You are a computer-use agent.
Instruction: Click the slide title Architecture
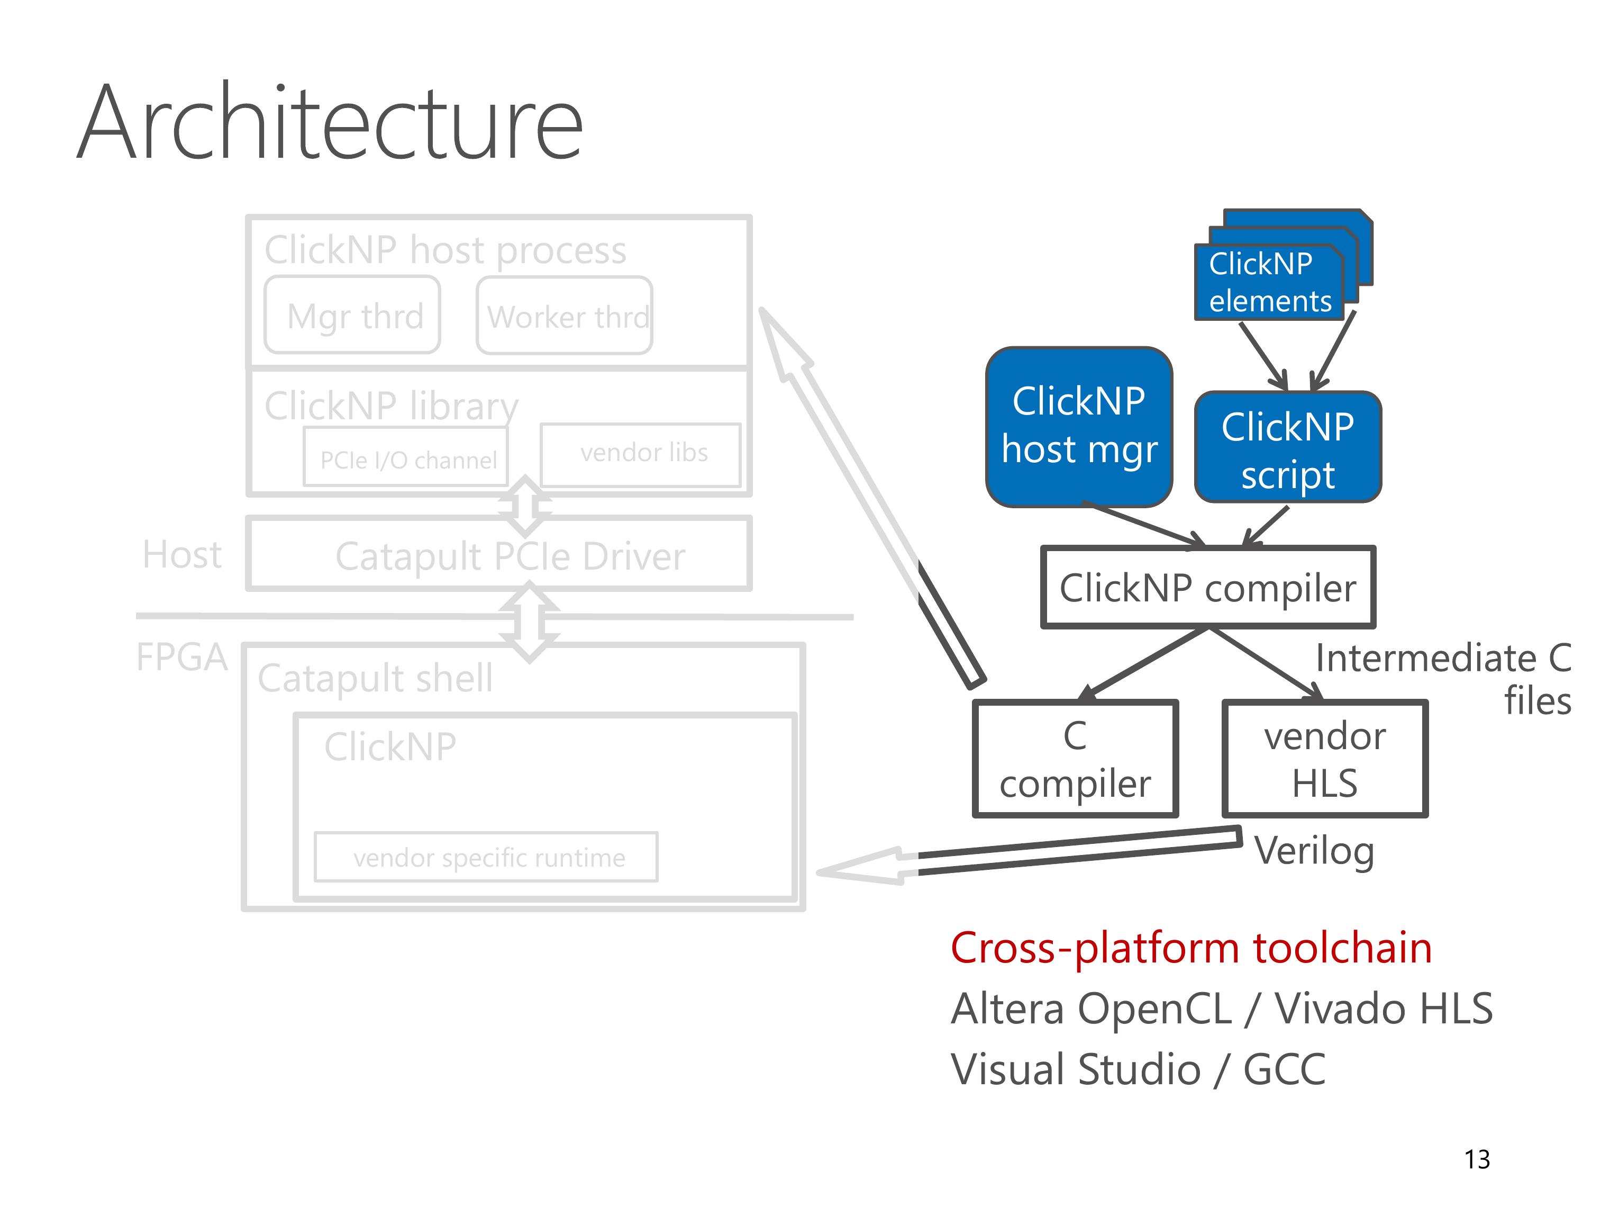coord(330,123)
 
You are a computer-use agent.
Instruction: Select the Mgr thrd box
coord(352,315)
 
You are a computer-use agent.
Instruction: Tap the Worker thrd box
coord(565,316)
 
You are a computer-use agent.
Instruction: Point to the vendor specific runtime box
coord(486,857)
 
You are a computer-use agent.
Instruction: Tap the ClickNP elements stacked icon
coord(1283,265)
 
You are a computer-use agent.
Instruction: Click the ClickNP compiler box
coord(1208,587)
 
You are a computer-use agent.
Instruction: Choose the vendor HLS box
coord(1325,759)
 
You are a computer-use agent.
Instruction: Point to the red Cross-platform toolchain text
coord(1191,948)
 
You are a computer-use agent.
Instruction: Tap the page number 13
coord(1477,1159)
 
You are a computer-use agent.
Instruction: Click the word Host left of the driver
coord(182,554)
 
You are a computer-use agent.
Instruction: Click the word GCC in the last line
coord(1285,1069)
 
